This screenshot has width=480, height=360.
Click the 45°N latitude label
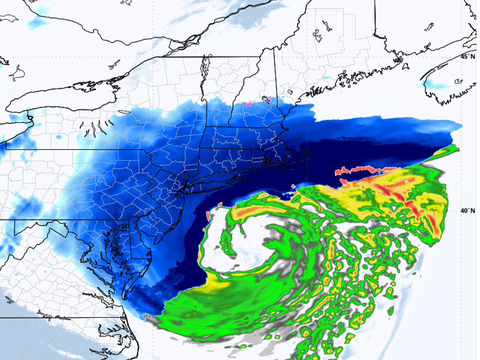tap(468, 57)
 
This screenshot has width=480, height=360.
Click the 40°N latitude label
tap(468, 210)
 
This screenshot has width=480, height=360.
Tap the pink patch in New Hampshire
tap(249, 104)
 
